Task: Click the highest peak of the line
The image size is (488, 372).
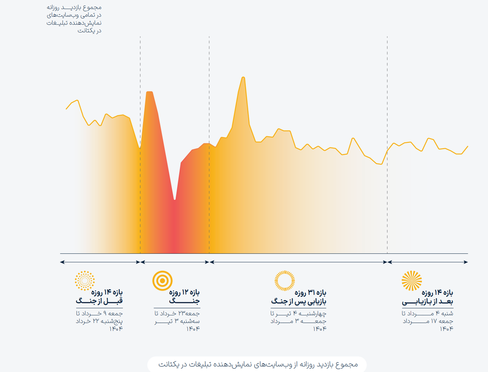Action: pyautogui.click(x=243, y=78)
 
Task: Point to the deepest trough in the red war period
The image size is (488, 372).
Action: pyautogui.click(x=175, y=199)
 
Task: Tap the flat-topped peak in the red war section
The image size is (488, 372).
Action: pyautogui.click(x=149, y=92)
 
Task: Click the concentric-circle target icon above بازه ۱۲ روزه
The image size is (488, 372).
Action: pyautogui.click(x=162, y=281)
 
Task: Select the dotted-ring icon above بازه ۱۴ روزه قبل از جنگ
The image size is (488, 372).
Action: pyautogui.click(x=85, y=281)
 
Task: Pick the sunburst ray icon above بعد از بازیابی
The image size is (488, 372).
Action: pyautogui.click(x=412, y=281)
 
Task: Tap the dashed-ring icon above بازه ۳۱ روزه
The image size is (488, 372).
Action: pyautogui.click(x=285, y=281)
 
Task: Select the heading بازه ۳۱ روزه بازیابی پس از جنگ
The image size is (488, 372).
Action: pyautogui.click(x=299, y=297)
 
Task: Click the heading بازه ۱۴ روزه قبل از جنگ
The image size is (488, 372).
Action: pyautogui.click(x=99, y=297)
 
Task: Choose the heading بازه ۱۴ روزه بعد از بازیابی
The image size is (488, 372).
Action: pyautogui.click(x=427, y=297)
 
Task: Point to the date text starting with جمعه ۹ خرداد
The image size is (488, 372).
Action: pyautogui.click(x=99, y=321)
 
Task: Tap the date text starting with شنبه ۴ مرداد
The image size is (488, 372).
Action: pyautogui.click(x=428, y=321)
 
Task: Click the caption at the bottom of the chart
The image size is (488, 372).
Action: pyautogui.click(x=258, y=364)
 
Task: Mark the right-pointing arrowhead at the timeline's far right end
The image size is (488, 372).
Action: pyautogui.click(x=466, y=262)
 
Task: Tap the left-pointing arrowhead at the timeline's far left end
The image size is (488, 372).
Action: pyautogui.click(x=62, y=262)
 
